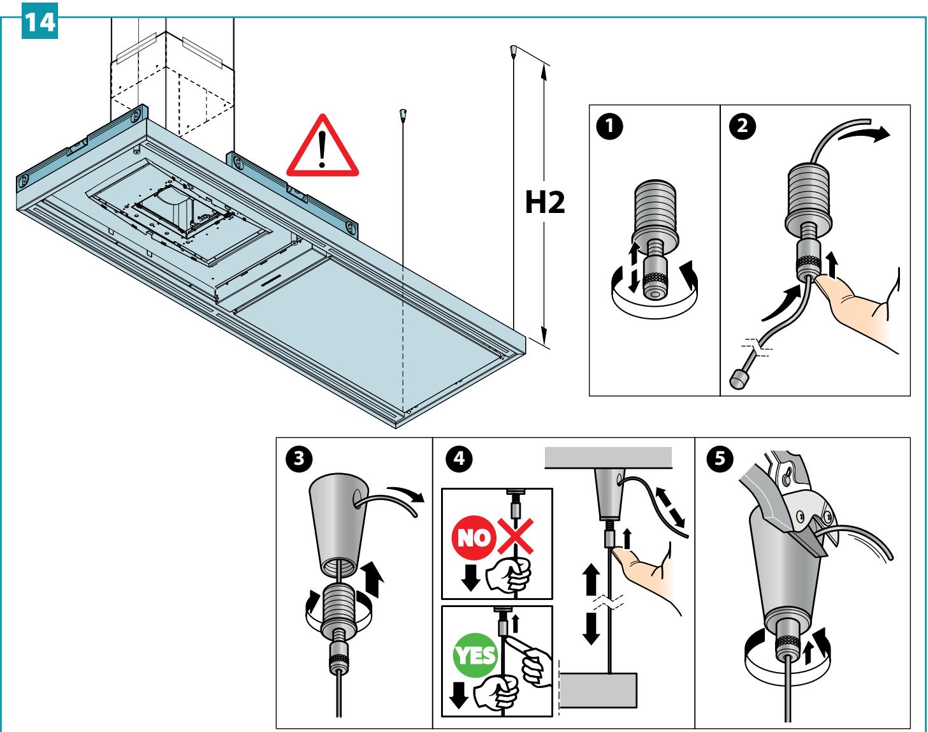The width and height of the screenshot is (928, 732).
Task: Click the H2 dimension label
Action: point(545,202)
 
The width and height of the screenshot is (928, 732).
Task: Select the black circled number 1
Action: point(609,126)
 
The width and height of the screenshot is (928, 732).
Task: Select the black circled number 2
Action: point(742,126)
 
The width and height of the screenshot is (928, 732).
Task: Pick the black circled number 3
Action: point(299,458)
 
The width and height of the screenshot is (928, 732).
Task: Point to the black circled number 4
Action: point(460,458)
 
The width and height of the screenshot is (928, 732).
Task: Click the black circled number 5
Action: point(720,458)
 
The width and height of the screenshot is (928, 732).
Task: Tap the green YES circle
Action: point(475,655)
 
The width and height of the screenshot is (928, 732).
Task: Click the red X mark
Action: point(516,537)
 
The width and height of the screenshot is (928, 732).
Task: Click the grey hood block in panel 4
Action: point(598,690)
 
